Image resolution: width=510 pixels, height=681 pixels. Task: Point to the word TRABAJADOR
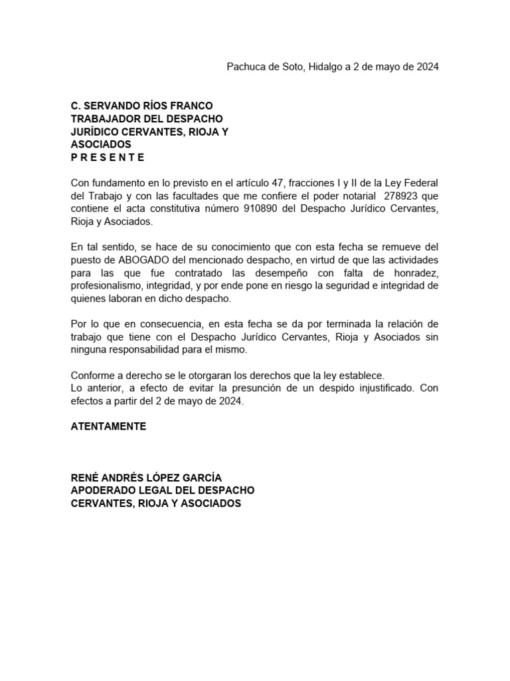coord(104,118)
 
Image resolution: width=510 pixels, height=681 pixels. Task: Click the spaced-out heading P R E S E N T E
coord(108,158)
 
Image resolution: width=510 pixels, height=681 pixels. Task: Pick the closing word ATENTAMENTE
coord(108,426)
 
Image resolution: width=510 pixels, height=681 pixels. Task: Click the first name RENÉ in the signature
coord(84,478)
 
